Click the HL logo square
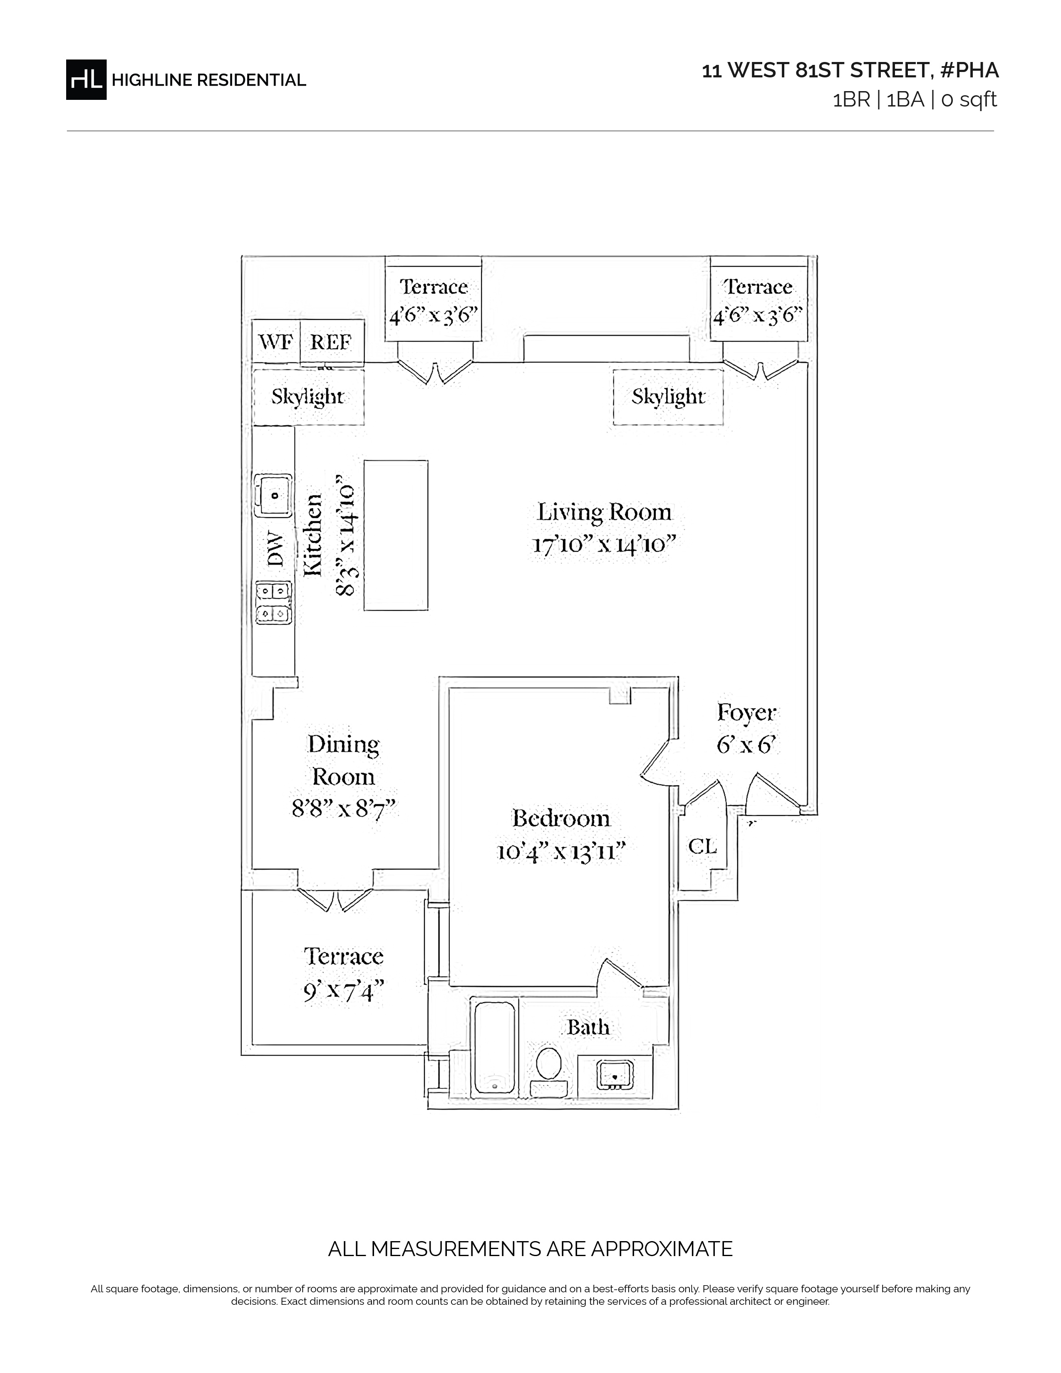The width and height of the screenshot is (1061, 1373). click(x=86, y=79)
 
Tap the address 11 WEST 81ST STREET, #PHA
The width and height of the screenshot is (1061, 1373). click(x=850, y=70)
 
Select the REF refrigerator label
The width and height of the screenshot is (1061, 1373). click(x=331, y=342)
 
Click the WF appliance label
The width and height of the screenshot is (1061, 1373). click(x=275, y=342)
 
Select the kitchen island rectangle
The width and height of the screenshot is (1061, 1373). click(x=396, y=535)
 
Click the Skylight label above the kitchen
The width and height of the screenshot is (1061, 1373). click(x=308, y=397)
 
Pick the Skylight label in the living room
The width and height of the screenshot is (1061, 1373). click(x=668, y=397)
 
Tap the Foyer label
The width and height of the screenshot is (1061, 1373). click(x=747, y=713)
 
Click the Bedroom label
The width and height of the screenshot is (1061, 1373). click(x=561, y=818)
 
